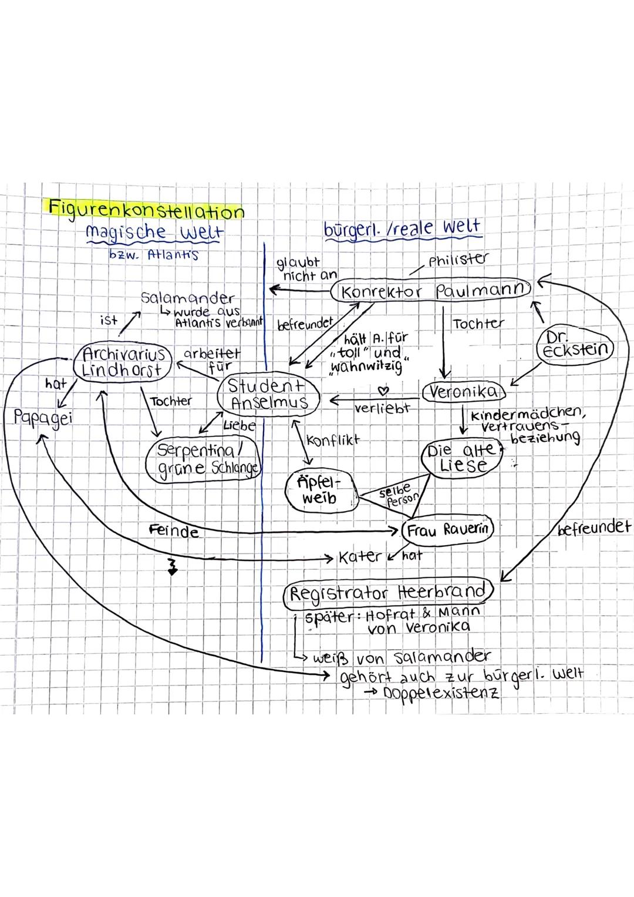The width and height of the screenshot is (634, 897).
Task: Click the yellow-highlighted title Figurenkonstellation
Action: (146, 209)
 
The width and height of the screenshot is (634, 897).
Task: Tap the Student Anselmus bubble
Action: (269, 395)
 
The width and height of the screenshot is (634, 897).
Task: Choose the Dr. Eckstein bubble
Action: (574, 345)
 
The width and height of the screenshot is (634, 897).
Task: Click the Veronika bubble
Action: (464, 392)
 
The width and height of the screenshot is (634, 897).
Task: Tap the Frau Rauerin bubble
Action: (447, 530)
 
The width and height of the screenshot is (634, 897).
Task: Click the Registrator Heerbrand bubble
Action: (388, 592)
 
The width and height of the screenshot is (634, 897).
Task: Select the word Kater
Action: (360, 556)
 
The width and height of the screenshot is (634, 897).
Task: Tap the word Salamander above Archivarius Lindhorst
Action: (187, 297)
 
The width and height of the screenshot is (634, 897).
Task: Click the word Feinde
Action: (174, 532)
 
